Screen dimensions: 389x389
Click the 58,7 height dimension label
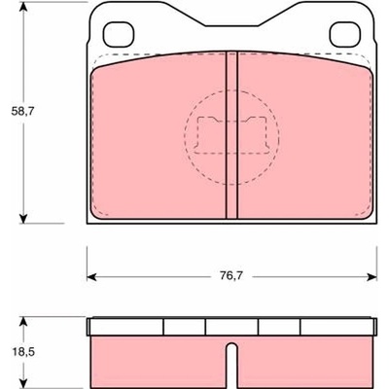pyautogui.click(x=22, y=112)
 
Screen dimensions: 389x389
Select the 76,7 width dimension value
pyautogui.click(x=231, y=276)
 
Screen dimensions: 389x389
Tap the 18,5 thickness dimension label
pyautogui.click(x=22, y=352)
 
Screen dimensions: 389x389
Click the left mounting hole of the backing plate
pyautogui.click(x=119, y=34)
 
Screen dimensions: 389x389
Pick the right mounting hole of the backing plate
pyautogui.click(x=345, y=34)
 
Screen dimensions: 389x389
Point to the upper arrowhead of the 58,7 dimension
pyautogui.click(x=22, y=7)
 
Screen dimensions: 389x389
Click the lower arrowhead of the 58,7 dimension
pyautogui.click(x=22, y=218)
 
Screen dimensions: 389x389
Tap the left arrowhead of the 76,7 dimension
pyautogui.click(x=92, y=277)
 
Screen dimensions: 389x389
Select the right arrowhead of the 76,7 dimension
pyautogui.click(x=371, y=277)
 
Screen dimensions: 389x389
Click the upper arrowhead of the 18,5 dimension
pyautogui.click(x=22, y=323)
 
